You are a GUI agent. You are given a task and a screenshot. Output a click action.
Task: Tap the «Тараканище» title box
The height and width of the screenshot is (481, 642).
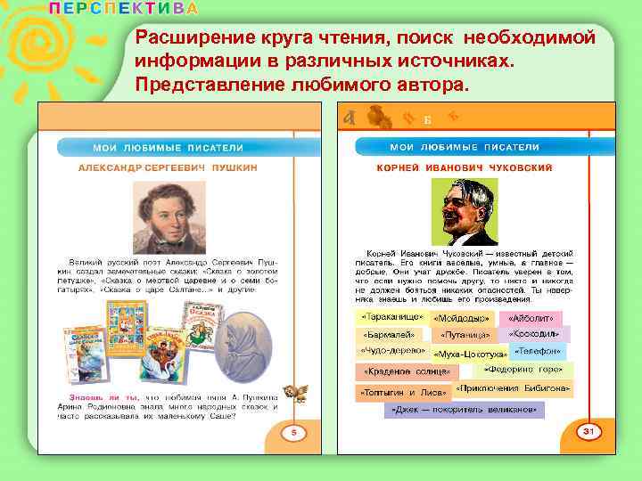pyautogui.click(x=391, y=317)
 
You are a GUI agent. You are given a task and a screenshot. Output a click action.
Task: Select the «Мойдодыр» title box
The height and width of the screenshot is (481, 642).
pyautogui.click(x=461, y=318)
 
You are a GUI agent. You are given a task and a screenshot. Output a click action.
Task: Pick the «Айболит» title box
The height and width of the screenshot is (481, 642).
pyautogui.click(x=532, y=318)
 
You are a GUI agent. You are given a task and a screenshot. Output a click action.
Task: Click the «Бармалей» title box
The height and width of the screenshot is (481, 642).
pyautogui.click(x=390, y=335)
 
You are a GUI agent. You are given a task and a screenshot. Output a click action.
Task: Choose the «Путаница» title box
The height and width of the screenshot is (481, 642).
pyautogui.click(x=465, y=336)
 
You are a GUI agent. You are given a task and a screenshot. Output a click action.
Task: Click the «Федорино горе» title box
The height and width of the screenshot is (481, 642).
pyautogui.click(x=523, y=369)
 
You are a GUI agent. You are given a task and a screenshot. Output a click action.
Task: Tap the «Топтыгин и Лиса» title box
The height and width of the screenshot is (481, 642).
pyautogui.click(x=403, y=392)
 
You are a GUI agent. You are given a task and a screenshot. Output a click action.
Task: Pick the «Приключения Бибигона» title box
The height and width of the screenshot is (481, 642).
pyautogui.click(x=514, y=389)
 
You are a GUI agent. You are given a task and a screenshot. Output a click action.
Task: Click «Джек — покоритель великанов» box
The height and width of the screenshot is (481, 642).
pyautogui.click(x=465, y=411)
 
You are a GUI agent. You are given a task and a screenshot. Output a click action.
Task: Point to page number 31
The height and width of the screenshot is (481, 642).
pyautogui.click(x=588, y=431)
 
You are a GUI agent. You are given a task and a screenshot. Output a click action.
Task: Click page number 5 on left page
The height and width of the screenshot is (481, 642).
pyautogui.click(x=293, y=433)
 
